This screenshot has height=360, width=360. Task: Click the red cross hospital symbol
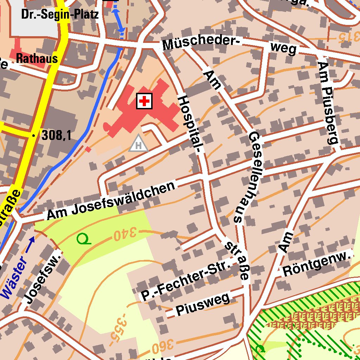coord(144,102)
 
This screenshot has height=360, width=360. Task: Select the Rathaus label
coord(37,58)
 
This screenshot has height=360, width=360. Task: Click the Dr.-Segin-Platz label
coord(60,15)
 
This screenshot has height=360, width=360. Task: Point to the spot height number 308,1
coord(56,135)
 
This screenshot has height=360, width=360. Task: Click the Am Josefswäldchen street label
coord(111,201)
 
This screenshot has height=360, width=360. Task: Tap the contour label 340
coord(125,234)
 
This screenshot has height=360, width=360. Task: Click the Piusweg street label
coord(203,304)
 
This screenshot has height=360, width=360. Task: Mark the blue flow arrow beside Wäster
coord(30,245)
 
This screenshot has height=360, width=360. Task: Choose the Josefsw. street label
coord(41,278)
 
